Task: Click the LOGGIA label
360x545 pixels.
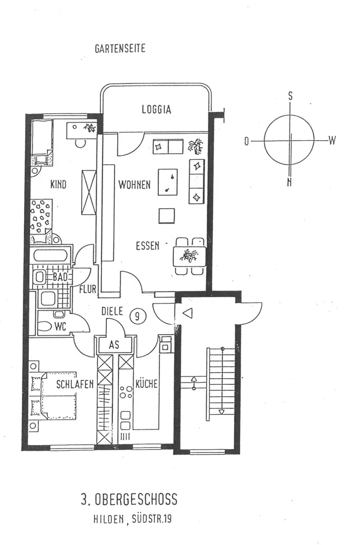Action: click(156, 110)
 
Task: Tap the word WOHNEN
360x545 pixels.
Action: click(135, 185)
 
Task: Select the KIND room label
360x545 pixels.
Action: click(58, 184)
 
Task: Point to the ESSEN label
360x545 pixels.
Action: click(147, 246)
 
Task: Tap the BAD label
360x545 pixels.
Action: click(59, 277)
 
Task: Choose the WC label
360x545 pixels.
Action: click(60, 327)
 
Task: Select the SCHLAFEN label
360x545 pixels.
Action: click(75, 384)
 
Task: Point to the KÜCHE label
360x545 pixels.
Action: click(147, 384)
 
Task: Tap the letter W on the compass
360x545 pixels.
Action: click(332, 141)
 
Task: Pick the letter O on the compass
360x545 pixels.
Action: click(247, 141)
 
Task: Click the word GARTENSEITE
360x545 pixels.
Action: click(120, 49)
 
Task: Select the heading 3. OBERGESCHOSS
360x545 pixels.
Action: click(129, 499)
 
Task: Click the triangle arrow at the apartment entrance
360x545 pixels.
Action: click(187, 314)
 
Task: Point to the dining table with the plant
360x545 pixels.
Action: click(189, 255)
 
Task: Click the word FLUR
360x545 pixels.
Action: click(88, 289)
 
